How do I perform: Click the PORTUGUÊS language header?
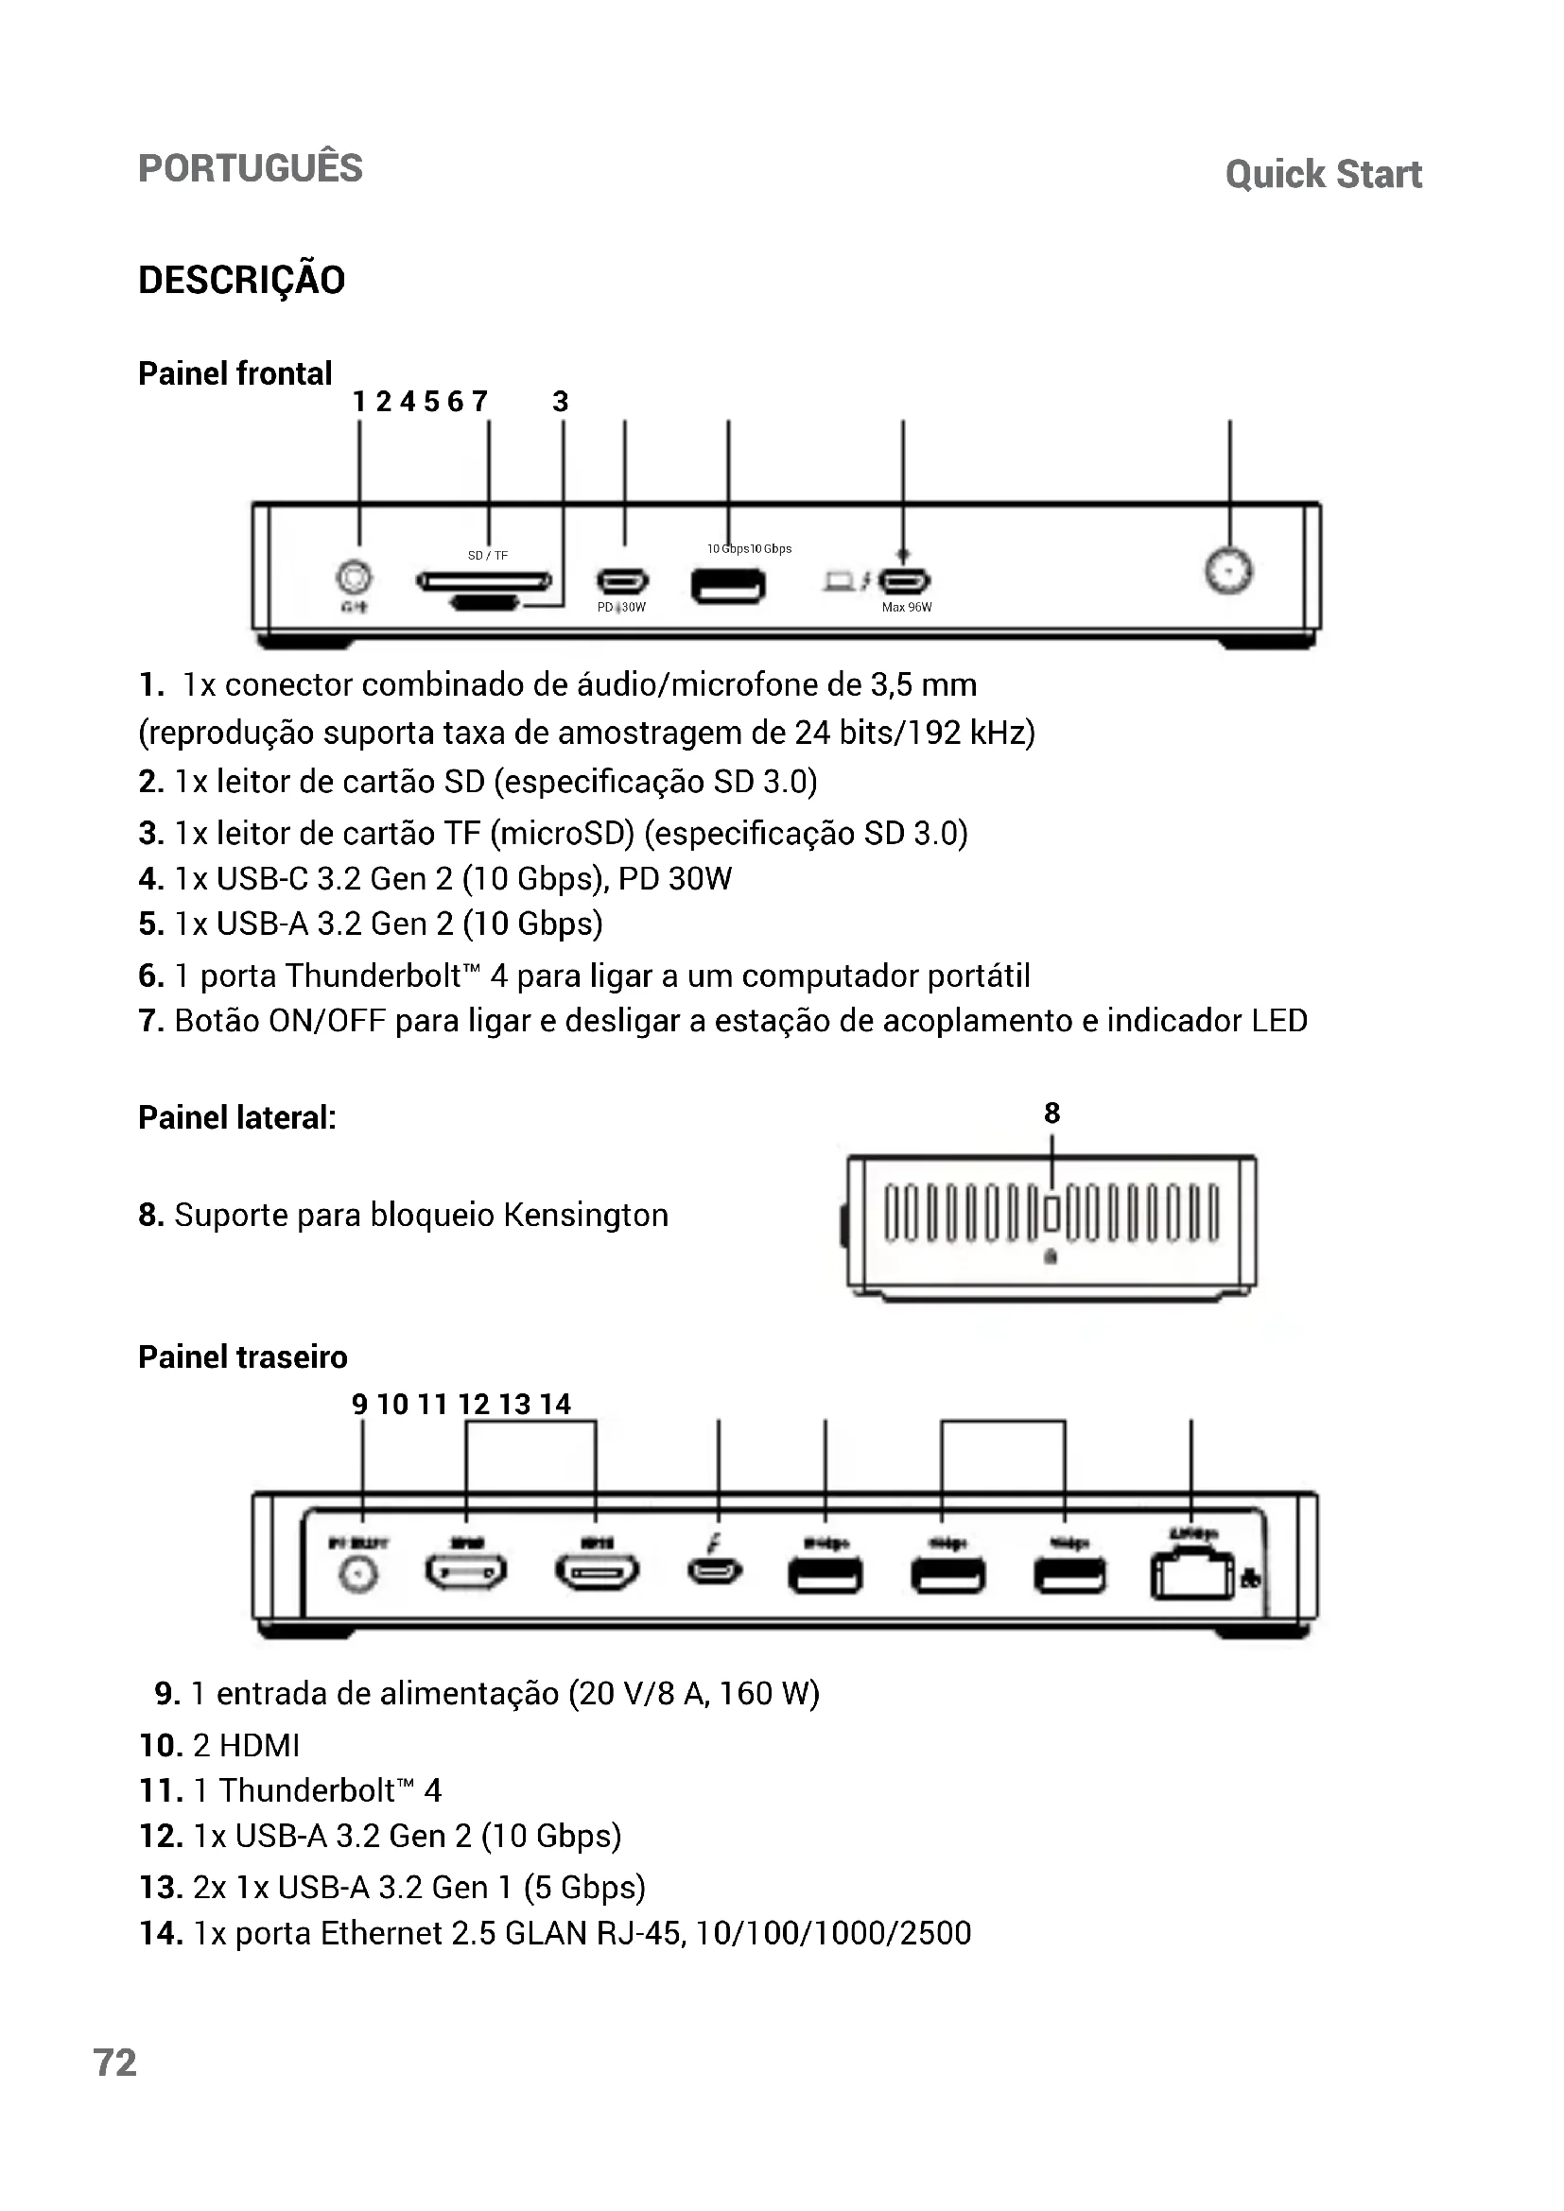click(251, 168)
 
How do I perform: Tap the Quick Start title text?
click(1323, 174)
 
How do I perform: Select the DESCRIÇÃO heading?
click(242, 280)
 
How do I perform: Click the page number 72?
click(114, 2063)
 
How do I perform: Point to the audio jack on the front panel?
click(354, 578)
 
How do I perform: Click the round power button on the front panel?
click(1229, 571)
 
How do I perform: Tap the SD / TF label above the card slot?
click(487, 556)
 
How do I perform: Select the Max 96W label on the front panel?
click(906, 608)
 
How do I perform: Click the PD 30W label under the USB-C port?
click(621, 608)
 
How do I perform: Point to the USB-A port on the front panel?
click(728, 585)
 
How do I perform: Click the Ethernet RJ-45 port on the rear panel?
click(1191, 1577)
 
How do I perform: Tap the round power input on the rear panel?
click(359, 1576)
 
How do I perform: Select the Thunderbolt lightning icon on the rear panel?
click(714, 1543)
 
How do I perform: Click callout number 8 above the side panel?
click(1051, 1114)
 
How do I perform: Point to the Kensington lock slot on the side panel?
click(1051, 1214)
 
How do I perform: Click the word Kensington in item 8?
click(585, 1216)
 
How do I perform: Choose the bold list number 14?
click(161, 1933)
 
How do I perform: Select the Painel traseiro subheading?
click(243, 1356)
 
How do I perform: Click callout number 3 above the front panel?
click(561, 402)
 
